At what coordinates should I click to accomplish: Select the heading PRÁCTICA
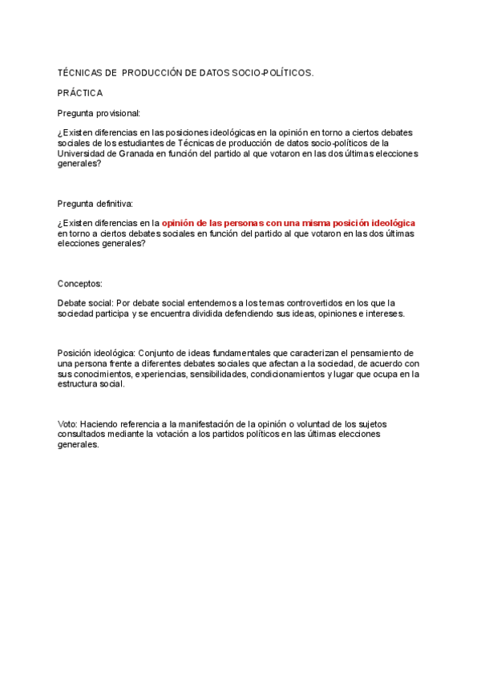point(80,93)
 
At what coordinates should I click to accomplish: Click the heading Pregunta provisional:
point(99,113)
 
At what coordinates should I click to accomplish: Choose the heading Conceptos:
point(80,284)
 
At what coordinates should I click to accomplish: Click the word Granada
point(133,152)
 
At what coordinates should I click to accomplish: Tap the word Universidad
point(83,152)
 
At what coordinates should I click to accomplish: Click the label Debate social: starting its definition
point(86,304)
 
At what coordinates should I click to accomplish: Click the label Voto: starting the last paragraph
point(68,423)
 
